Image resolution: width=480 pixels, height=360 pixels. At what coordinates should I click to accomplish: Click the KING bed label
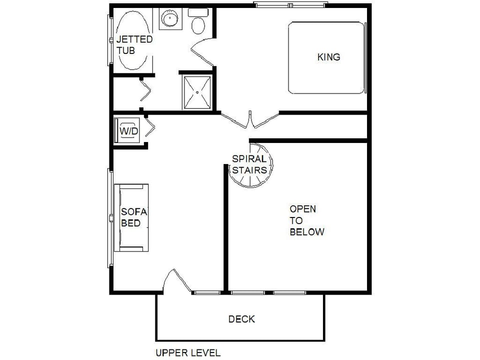click(x=328, y=57)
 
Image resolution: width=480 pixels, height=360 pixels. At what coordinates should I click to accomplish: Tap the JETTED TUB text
click(x=134, y=44)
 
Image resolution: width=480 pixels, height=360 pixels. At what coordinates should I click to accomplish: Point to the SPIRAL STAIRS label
click(x=249, y=164)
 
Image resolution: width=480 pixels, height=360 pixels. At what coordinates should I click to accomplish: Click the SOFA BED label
click(x=134, y=217)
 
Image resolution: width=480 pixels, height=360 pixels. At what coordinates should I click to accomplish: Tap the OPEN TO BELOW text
click(x=306, y=220)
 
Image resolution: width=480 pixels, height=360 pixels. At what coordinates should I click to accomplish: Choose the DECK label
click(x=241, y=319)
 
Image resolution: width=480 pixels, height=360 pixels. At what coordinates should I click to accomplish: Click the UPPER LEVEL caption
click(x=188, y=352)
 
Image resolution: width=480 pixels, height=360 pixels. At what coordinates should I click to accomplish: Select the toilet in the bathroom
click(x=198, y=21)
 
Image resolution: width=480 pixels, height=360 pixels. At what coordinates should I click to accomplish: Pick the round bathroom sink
click(x=170, y=18)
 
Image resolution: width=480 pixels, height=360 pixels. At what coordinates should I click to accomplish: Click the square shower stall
click(x=197, y=92)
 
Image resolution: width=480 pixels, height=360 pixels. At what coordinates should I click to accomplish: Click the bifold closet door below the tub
click(x=145, y=91)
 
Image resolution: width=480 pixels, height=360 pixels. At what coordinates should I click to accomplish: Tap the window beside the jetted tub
click(x=110, y=40)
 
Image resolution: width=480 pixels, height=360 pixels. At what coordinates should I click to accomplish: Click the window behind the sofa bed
click(x=110, y=218)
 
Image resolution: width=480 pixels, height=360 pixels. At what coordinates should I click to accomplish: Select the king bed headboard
click(x=365, y=57)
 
